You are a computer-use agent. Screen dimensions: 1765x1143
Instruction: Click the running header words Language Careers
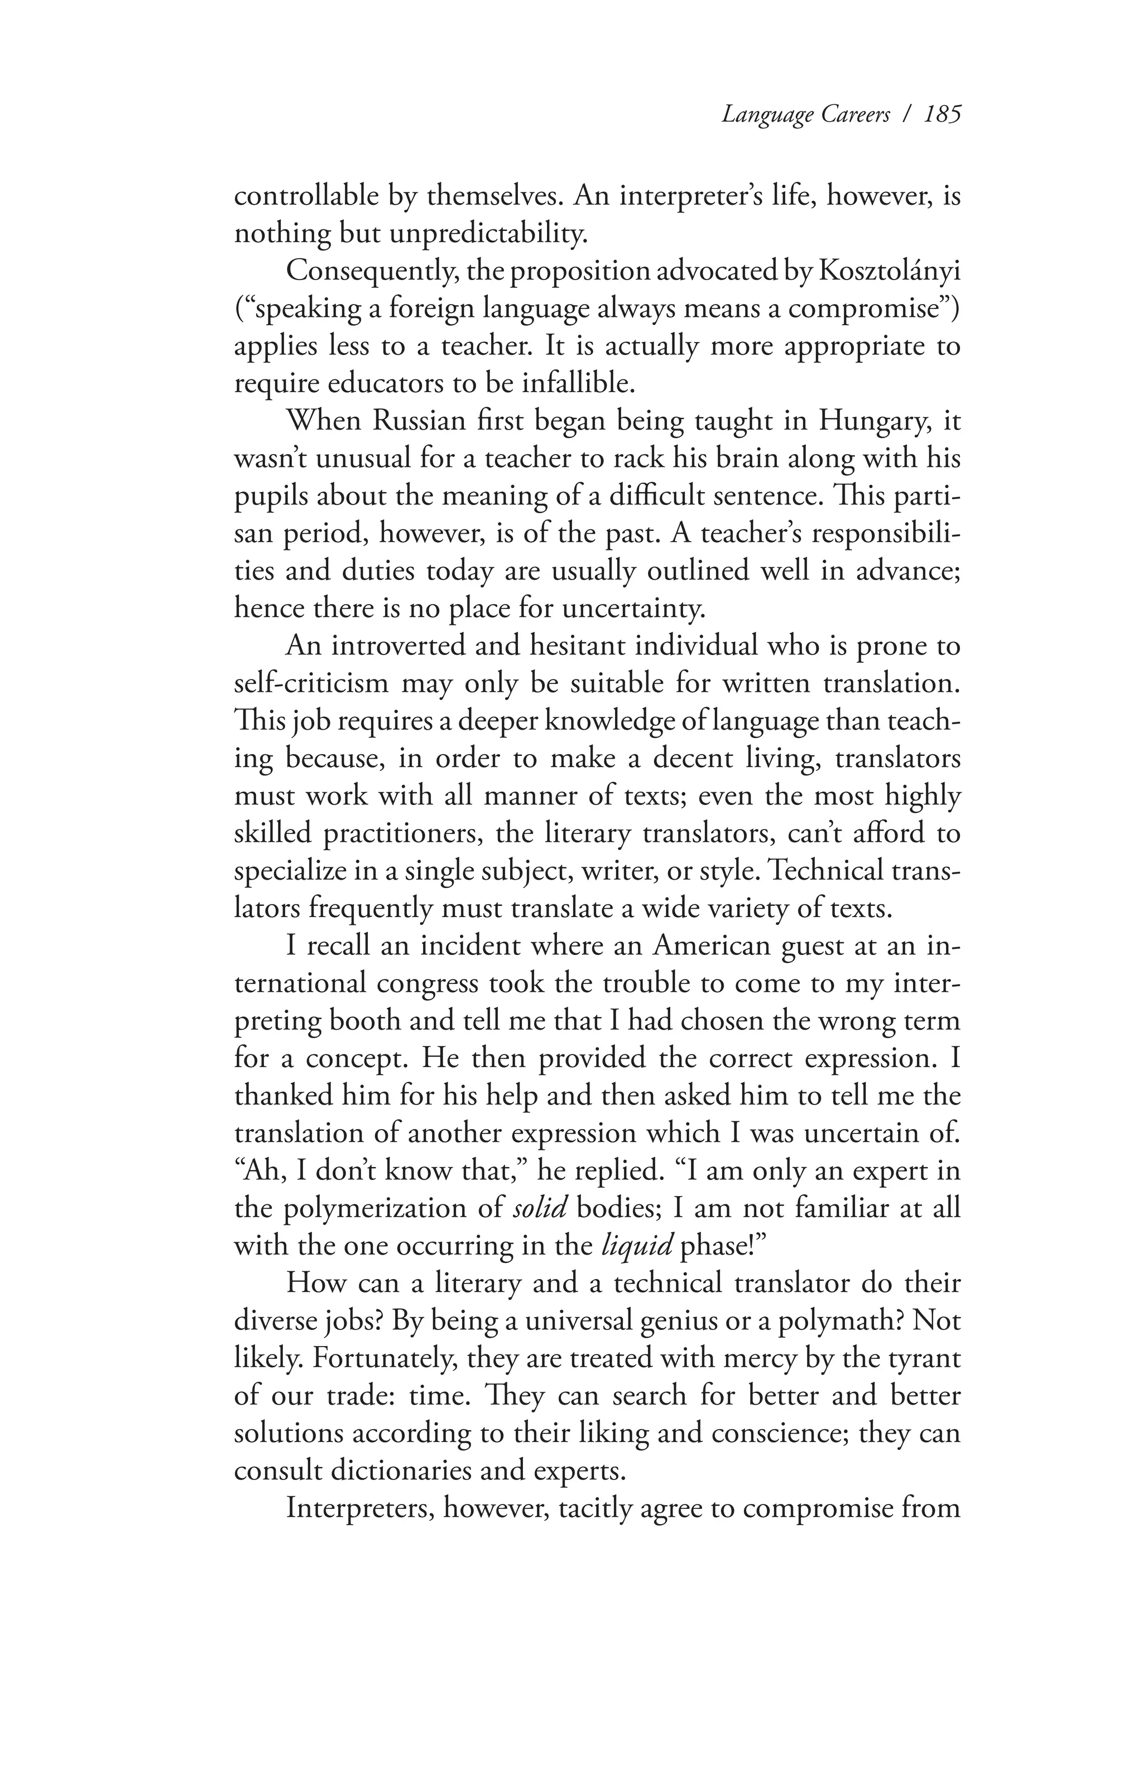pos(805,115)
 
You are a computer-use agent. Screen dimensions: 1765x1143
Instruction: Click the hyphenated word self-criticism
pos(311,683)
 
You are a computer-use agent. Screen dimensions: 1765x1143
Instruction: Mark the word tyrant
pos(924,1358)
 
